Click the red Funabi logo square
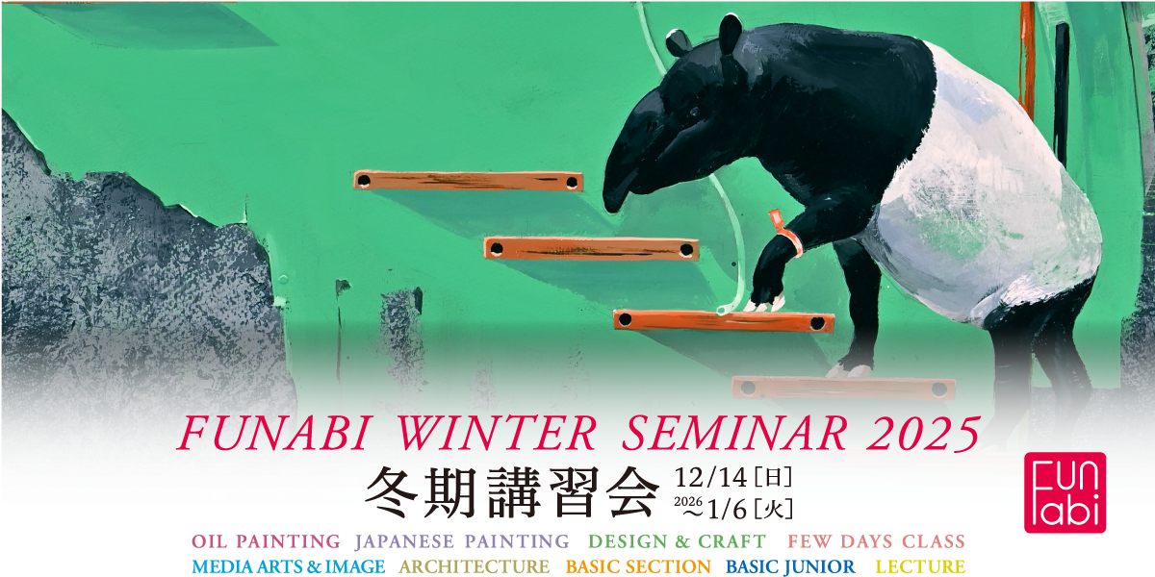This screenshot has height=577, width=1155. (x=1065, y=492)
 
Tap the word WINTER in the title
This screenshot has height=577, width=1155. (x=497, y=434)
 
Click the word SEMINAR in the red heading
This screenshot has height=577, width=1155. (x=734, y=434)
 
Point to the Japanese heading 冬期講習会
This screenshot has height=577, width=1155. (x=511, y=492)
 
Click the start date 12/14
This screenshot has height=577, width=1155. (x=710, y=478)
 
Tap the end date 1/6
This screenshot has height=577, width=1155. (x=728, y=510)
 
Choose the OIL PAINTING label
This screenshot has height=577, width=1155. (x=266, y=541)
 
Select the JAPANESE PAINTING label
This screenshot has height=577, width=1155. (x=462, y=541)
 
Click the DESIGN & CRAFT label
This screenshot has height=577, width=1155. (x=677, y=541)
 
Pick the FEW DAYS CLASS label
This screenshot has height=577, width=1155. (x=876, y=541)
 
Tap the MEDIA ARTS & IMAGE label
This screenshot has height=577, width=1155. (x=288, y=566)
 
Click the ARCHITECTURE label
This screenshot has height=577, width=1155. (x=474, y=566)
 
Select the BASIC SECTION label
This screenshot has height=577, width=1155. (x=638, y=566)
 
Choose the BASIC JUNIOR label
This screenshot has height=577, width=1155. (x=790, y=566)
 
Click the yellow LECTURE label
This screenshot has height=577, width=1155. (x=920, y=566)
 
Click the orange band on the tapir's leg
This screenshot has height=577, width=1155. (x=787, y=235)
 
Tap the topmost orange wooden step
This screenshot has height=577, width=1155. (x=468, y=182)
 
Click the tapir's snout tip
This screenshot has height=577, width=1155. (x=612, y=204)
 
